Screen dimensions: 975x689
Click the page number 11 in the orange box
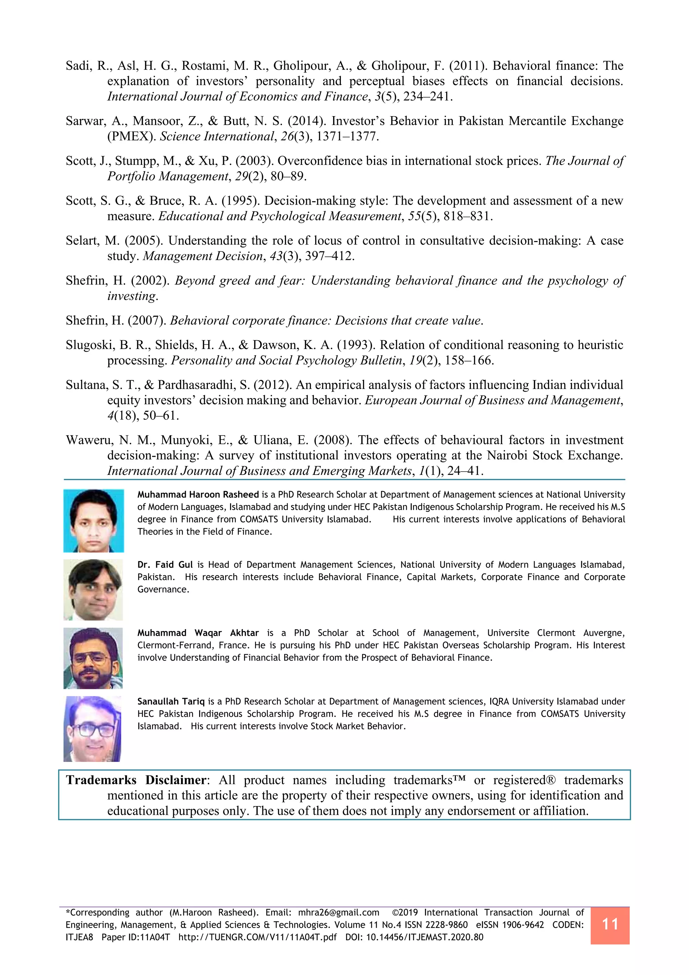point(610,924)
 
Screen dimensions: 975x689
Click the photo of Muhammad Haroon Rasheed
point(94,521)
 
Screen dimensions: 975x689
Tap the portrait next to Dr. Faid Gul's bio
point(94,590)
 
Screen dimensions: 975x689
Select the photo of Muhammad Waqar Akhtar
point(94,658)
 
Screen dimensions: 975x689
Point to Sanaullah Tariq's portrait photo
point(93,729)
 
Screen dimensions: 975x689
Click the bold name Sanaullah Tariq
point(171,701)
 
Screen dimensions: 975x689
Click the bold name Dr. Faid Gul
point(165,565)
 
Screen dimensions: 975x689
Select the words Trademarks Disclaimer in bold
point(136,780)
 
